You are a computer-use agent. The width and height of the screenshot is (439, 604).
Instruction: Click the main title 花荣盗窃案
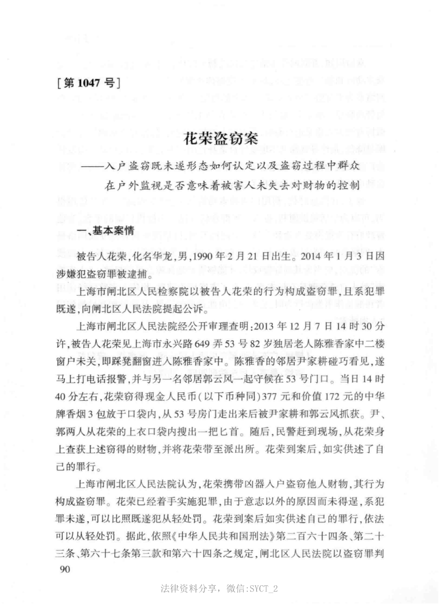(220, 138)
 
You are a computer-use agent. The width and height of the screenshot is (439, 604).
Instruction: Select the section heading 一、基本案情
(88, 230)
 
